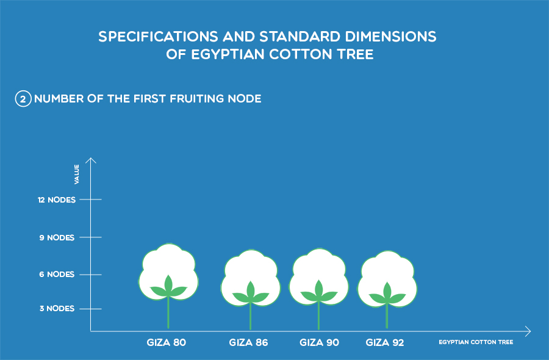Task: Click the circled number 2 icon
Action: coord(23,99)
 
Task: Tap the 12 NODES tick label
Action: coord(57,200)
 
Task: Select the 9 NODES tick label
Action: coord(57,238)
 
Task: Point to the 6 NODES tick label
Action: coord(57,275)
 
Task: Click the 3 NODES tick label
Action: coord(57,309)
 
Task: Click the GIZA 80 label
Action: coord(167,342)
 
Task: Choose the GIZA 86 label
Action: coord(249,342)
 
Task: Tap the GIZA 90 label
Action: coord(319,342)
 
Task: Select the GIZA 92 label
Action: coord(385,342)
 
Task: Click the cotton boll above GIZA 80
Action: coord(168,272)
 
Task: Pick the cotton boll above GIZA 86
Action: coord(251,278)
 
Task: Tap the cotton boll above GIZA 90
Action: coord(319,276)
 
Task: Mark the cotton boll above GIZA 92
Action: coord(387,279)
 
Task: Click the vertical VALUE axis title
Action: coord(77,174)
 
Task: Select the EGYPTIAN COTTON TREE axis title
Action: coord(476,342)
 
